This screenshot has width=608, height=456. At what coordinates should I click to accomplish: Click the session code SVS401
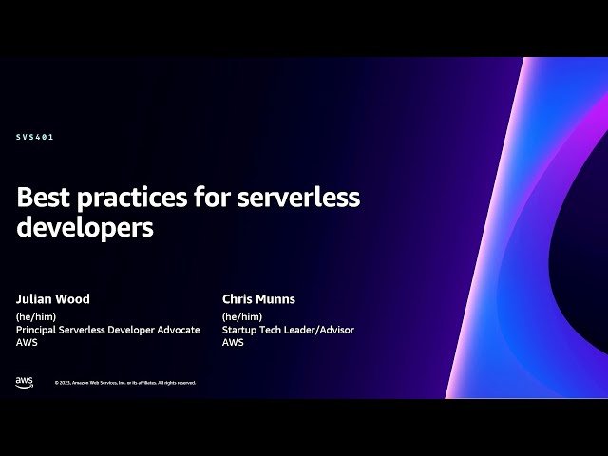point(35,137)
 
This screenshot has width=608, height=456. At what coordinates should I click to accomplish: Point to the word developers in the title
point(85,228)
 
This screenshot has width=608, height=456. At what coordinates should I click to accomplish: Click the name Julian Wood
point(53,299)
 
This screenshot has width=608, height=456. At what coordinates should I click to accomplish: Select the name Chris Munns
point(258,299)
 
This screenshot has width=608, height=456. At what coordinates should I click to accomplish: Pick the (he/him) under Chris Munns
point(242,316)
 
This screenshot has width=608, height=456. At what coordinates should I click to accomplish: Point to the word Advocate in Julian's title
point(178,330)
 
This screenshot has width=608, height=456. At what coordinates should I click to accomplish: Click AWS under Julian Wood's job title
point(27,343)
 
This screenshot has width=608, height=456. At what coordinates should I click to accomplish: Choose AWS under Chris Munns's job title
point(233,343)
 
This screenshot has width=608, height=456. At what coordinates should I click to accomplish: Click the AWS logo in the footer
point(24,382)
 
